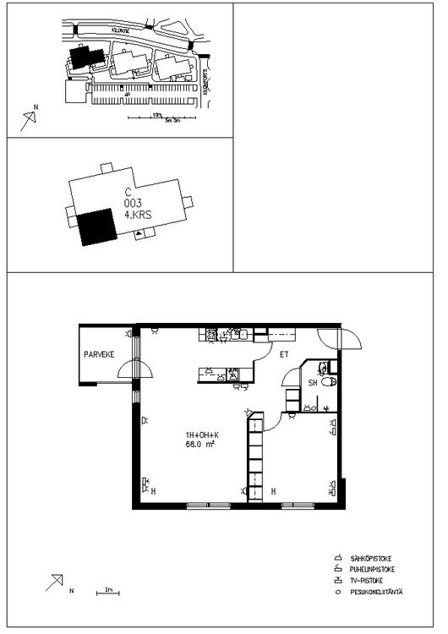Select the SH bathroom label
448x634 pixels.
click(312, 383)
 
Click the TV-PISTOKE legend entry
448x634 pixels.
click(369, 581)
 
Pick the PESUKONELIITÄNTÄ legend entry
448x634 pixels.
click(379, 592)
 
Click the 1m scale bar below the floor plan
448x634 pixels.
click(107, 592)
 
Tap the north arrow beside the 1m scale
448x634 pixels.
click(57, 582)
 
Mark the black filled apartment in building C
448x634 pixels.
click(96, 226)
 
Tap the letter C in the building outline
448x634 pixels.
click(128, 192)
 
